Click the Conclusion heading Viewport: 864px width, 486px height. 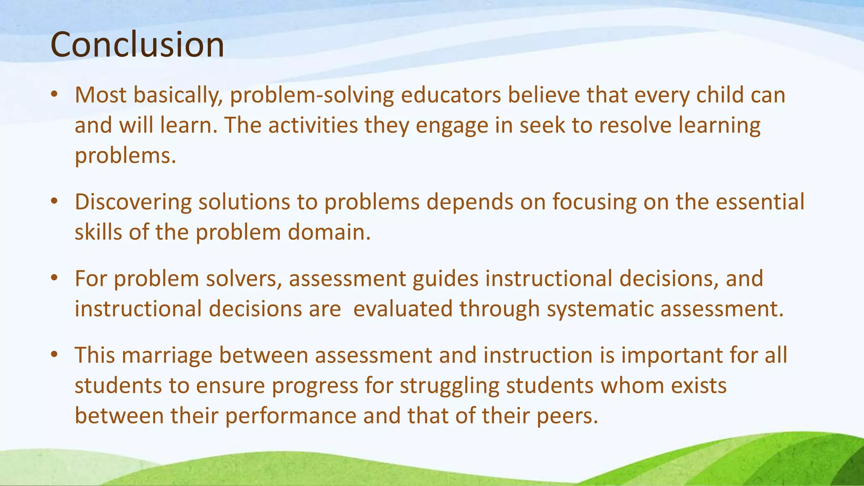pyautogui.click(x=137, y=45)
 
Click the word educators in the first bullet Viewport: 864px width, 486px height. pyautogui.click(x=451, y=95)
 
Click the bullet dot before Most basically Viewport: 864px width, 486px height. pyautogui.click(x=54, y=95)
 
